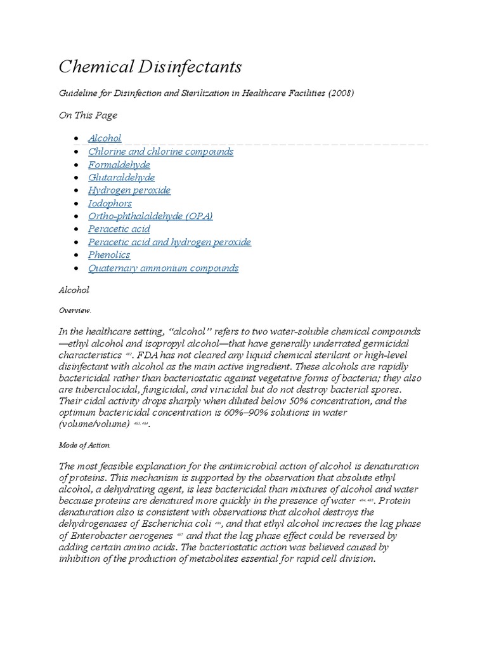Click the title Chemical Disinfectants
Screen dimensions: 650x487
click(x=150, y=67)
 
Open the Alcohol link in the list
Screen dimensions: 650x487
click(x=105, y=138)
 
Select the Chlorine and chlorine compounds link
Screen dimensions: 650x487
click(x=160, y=152)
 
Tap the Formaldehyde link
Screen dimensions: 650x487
click(x=119, y=164)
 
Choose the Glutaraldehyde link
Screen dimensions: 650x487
click(x=121, y=178)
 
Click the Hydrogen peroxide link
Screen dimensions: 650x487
click(x=129, y=190)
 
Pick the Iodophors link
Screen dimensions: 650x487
click(x=110, y=203)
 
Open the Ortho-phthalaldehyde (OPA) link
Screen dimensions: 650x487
click(x=150, y=216)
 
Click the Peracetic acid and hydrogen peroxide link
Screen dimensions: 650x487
click(x=169, y=242)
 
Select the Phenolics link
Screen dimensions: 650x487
click(x=109, y=255)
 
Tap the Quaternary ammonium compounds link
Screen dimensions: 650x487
click(x=163, y=268)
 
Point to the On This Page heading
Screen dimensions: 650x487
click(x=88, y=116)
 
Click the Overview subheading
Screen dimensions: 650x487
click(x=75, y=310)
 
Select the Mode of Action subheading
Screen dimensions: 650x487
click(x=84, y=445)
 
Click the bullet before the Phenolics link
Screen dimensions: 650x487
click(x=77, y=256)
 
